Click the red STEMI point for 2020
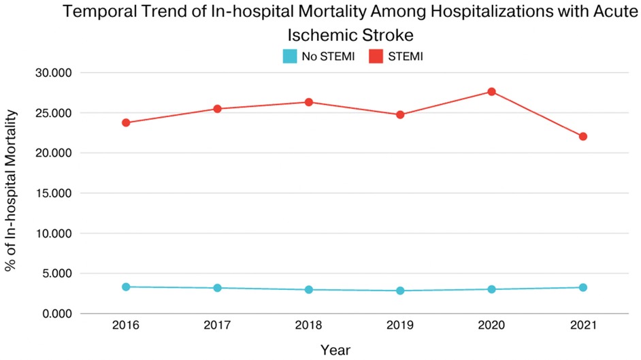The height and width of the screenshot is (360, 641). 491,92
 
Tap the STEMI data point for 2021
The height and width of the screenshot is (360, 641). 583,136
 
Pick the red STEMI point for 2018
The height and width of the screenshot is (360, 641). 309,102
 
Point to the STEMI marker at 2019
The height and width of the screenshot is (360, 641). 400,114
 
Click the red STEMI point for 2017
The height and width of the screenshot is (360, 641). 217,109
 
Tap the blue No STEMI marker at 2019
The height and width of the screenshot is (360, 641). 400,291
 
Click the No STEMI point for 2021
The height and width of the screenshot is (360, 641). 583,287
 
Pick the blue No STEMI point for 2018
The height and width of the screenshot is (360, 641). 309,289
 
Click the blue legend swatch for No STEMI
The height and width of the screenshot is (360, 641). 290,56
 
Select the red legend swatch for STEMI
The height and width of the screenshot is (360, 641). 376,56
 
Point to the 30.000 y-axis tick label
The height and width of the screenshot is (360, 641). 52,73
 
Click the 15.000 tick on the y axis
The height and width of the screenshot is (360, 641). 52,193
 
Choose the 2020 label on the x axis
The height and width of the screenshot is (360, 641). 491,326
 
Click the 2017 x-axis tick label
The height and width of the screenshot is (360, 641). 217,326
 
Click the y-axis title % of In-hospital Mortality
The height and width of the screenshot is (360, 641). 12,193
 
